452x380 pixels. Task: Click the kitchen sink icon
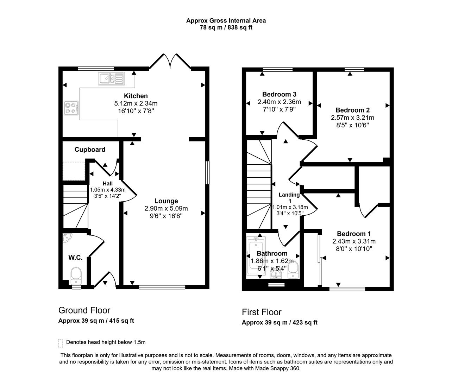(112, 78)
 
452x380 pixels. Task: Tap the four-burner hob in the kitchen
(71, 108)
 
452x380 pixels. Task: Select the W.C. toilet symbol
(76, 275)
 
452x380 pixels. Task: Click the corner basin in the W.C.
(66, 238)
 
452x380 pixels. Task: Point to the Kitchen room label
(136, 96)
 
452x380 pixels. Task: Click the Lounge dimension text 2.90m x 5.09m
(166, 208)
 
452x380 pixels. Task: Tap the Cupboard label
(90, 150)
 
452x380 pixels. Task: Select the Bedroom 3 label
(279, 94)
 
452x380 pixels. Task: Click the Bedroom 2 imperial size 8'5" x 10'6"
(352, 125)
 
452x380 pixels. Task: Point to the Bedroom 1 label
(354, 234)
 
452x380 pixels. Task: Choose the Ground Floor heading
(84, 310)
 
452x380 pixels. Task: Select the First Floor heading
(262, 312)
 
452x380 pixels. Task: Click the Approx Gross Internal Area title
(226, 20)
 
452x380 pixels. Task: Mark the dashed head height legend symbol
(60, 343)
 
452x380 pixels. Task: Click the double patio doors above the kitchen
(170, 62)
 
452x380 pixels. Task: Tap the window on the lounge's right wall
(207, 173)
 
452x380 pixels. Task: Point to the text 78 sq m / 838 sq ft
(226, 27)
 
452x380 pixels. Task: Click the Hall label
(108, 183)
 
